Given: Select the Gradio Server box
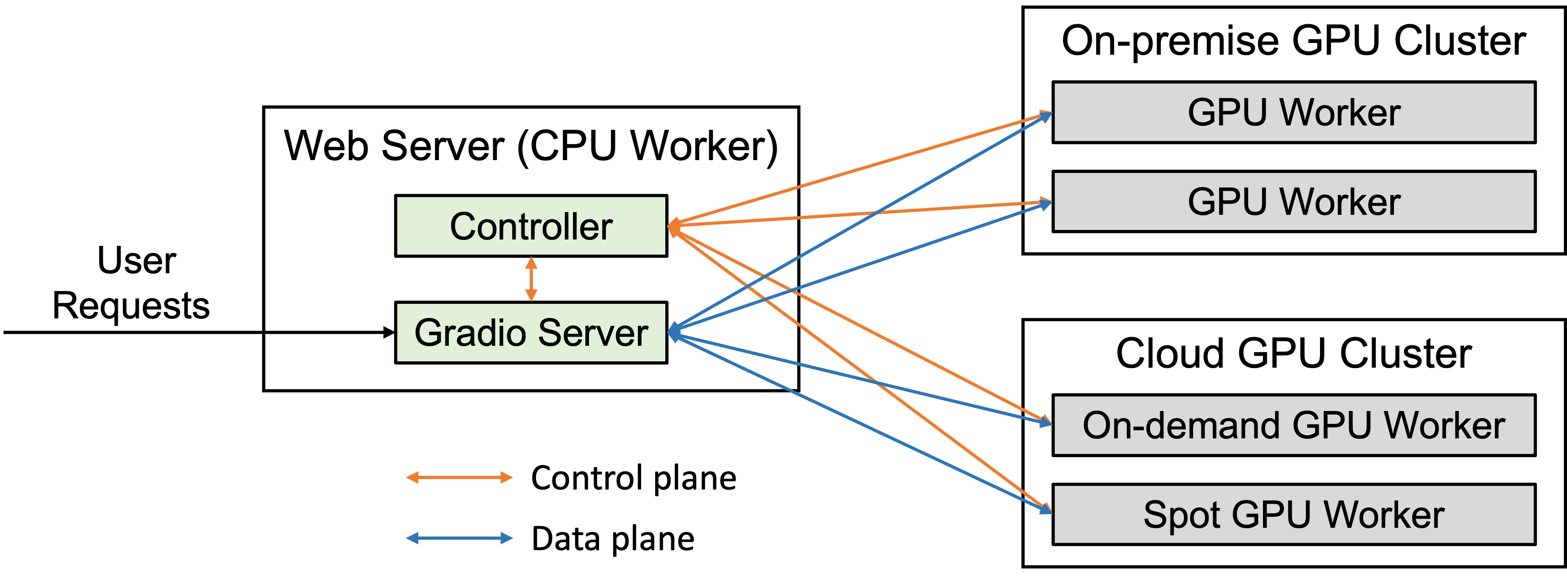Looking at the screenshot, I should click(531, 333).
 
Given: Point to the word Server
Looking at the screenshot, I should click(593, 333).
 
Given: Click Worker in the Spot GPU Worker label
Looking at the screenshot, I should click(1384, 514).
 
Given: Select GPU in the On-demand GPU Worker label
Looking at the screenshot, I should click(1332, 425).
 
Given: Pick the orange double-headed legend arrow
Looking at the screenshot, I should click(459, 478).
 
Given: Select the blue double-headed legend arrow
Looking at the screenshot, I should click(459, 538).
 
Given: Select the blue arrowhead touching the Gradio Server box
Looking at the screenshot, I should click(673, 332).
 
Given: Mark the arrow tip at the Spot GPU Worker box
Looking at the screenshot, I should click(1047, 510).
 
